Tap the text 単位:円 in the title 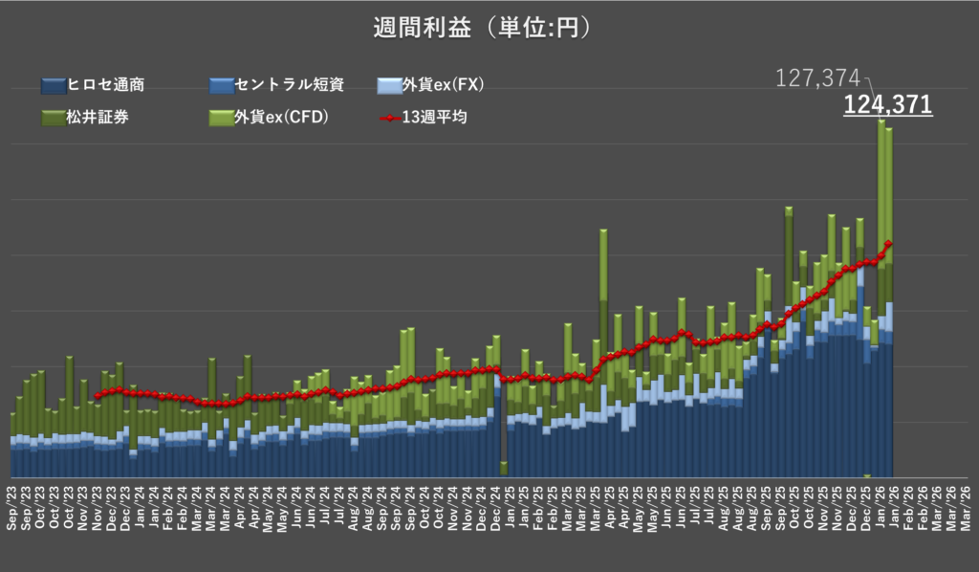click(537, 29)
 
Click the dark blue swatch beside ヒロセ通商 click(54, 86)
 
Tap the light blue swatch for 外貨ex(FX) click(389, 86)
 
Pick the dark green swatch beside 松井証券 click(54, 119)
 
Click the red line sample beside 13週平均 click(389, 119)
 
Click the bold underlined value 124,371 click(887, 104)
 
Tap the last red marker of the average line click(889, 243)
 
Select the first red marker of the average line click(97, 395)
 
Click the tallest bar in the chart click(881, 287)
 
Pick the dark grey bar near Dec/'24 click(504, 421)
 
